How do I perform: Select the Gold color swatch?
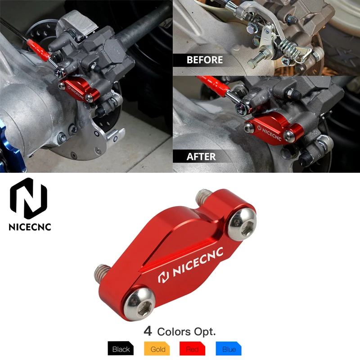pyautogui.click(x=157, y=349)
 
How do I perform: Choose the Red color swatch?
pyautogui.click(x=193, y=349)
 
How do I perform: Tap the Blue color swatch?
pyautogui.click(x=229, y=349)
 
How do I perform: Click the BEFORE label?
pyautogui.click(x=205, y=60)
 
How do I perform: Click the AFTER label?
pyautogui.click(x=201, y=157)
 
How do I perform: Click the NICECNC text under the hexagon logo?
pyautogui.click(x=30, y=226)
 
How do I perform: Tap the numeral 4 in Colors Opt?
pyautogui.click(x=148, y=332)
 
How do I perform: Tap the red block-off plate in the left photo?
pyautogui.click(x=80, y=90)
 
